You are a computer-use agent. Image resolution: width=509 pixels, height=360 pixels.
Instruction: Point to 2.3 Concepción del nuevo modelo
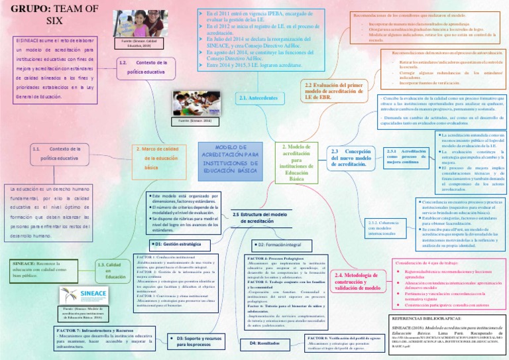pyautogui.click(x=351, y=158)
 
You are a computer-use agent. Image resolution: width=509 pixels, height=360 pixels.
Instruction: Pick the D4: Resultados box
pyautogui.click(x=264, y=343)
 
